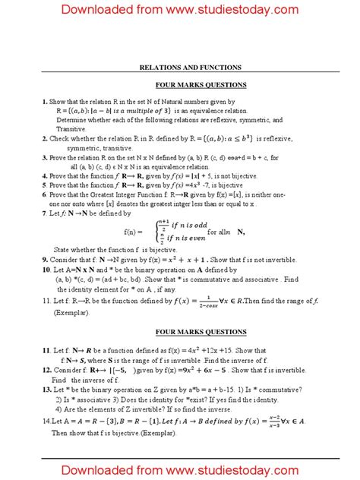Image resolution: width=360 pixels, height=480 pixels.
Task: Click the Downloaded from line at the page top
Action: tap(180, 10)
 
